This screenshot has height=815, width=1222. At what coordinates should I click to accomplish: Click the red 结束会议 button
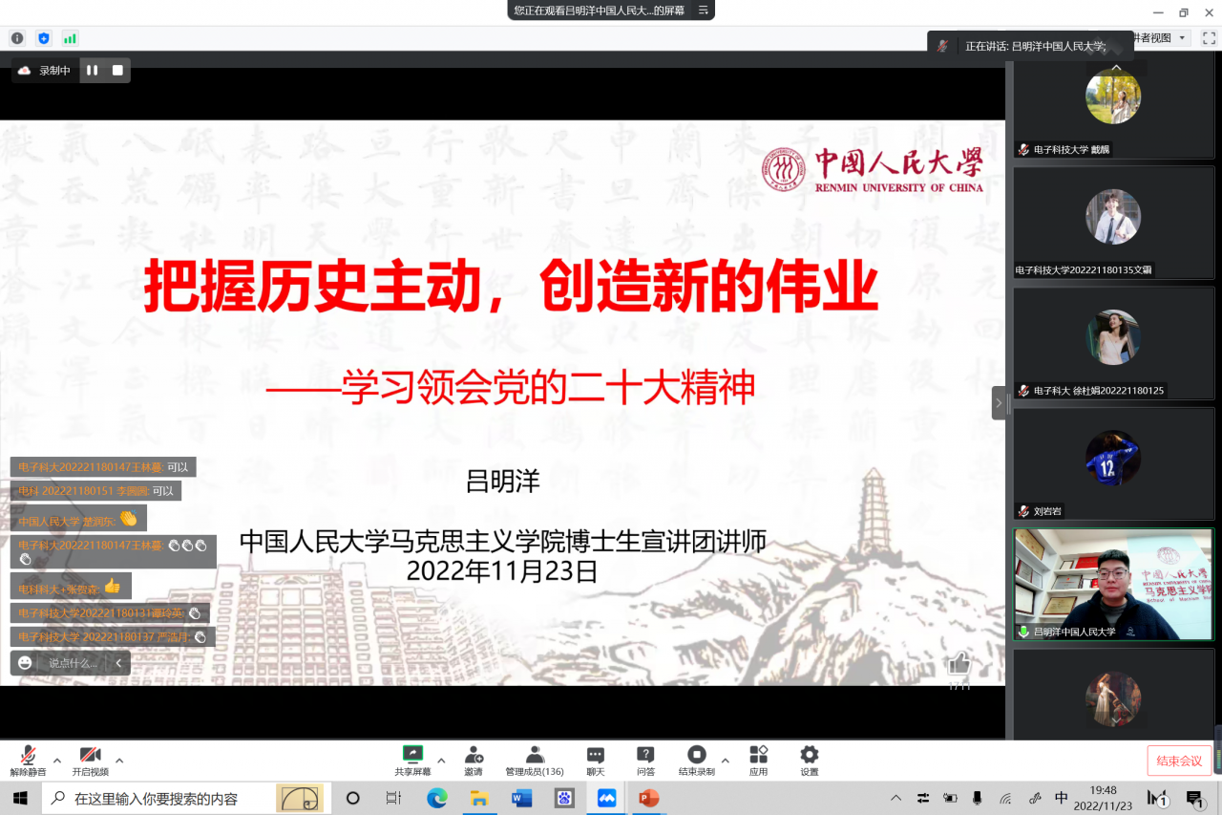pyautogui.click(x=1179, y=761)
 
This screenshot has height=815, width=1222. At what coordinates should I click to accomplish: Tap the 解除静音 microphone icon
pyautogui.click(x=29, y=755)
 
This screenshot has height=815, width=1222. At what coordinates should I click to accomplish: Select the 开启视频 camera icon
pyautogui.click(x=91, y=755)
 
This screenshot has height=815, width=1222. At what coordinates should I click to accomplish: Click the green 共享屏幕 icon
pyautogui.click(x=412, y=754)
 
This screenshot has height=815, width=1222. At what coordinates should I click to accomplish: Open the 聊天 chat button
pyautogui.click(x=596, y=755)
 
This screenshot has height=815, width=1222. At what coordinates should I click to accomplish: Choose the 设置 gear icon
pyautogui.click(x=810, y=754)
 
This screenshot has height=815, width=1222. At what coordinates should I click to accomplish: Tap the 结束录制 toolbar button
pyautogui.click(x=697, y=755)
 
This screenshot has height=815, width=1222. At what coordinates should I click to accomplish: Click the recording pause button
pyautogui.click(x=93, y=70)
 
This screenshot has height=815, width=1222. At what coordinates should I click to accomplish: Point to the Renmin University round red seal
pyautogui.click(x=784, y=170)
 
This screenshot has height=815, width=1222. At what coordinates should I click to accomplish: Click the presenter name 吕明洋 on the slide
pyautogui.click(x=502, y=480)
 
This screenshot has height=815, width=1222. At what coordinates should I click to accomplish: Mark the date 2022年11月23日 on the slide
pyautogui.click(x=502, y=571)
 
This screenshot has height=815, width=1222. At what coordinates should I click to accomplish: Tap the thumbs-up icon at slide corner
pyautogui.click(x=959, y=663)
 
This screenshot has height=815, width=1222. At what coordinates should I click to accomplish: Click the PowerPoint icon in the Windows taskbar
pyautogui.click(x=649, y=798)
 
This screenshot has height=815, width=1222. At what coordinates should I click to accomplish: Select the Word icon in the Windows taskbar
pyautogui.click(x=521, y=798)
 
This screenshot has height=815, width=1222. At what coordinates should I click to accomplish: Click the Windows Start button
pyautogui.click(x=20, y=798)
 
